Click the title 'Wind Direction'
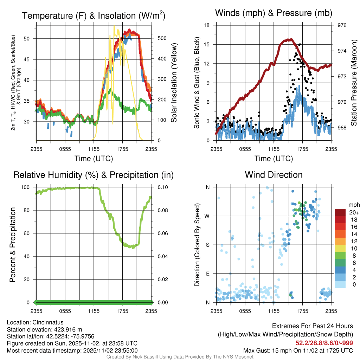click(274, 175)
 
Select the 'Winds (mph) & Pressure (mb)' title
click(274, 13)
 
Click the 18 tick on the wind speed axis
click(207, 25)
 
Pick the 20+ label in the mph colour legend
click(353, 212)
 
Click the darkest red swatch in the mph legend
click(341, 212)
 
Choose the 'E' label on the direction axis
click(207, 274)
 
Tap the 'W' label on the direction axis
click(207, 216)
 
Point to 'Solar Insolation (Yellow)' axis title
click(174, 83)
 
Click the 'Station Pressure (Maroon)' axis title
click(354, 83)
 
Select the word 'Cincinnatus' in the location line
click(46, 322)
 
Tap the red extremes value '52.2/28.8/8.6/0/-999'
click(324, 343)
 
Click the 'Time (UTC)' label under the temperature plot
click(94, 159)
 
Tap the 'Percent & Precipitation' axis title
click(13, 245)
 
